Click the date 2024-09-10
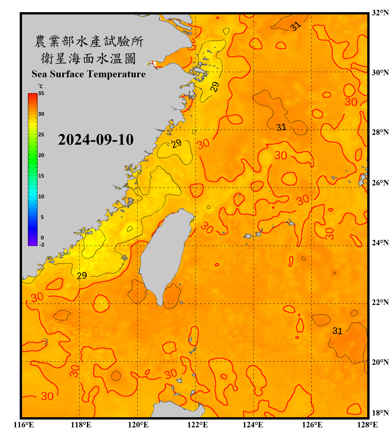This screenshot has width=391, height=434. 96,140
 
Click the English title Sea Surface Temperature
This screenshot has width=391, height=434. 88,74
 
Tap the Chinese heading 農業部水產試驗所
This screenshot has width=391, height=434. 89,41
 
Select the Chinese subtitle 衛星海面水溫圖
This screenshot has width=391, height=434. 88,58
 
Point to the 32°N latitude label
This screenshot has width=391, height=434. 380,13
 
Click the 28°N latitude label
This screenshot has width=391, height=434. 380,132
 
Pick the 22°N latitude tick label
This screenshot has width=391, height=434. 380,302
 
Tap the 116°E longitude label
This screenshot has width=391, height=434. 24,425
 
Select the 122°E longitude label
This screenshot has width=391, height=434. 198,425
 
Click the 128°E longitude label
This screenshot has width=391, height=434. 367,425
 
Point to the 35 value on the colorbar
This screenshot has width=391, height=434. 41,93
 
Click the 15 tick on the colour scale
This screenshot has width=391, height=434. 41,176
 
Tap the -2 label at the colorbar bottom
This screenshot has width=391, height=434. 42,245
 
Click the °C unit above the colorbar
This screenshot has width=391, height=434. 41,86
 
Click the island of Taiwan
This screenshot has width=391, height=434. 165,255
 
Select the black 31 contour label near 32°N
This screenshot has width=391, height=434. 296,26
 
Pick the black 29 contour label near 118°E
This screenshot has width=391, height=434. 82,275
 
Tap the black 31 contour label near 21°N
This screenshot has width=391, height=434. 337,331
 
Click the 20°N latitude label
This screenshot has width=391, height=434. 380,362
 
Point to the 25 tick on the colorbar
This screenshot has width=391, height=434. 41,135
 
